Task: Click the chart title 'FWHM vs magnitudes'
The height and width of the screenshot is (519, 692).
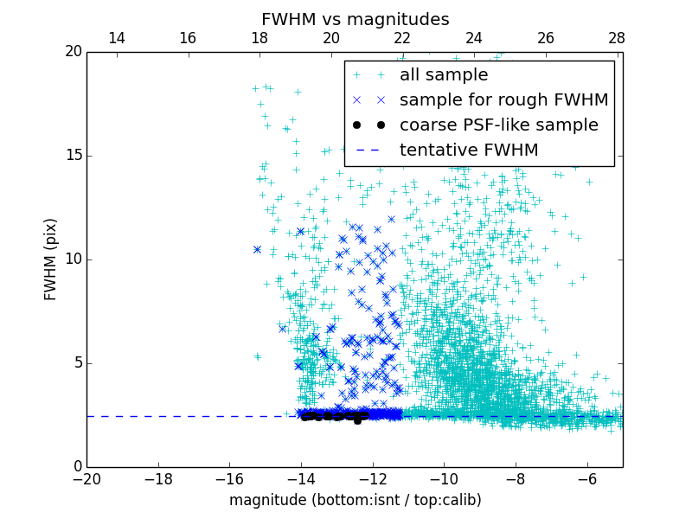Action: (355, 19)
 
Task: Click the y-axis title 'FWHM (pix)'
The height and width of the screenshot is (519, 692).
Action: (51, 259)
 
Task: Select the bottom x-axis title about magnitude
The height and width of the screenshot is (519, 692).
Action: (355, 500)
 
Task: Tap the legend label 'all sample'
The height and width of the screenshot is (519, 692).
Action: (444, 75)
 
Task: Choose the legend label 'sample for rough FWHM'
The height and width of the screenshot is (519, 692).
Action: (503, 100)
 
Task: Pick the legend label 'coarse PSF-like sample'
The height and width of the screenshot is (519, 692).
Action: (498, 125)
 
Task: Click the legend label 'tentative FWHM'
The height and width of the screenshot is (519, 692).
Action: (469, 151)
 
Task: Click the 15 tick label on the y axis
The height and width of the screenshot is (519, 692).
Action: (73, 156)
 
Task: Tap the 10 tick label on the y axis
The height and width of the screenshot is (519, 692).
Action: (73, 259)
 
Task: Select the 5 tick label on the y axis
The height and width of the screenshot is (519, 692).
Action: (76, 363)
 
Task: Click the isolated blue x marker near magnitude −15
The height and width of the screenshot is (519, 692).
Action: (257, 249)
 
